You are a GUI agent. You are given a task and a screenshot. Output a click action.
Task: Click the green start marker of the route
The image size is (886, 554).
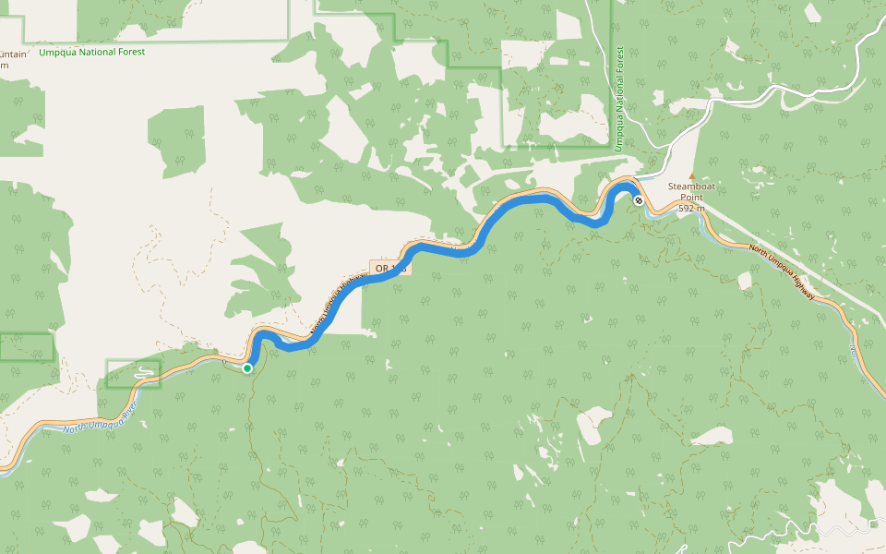click(247, 368)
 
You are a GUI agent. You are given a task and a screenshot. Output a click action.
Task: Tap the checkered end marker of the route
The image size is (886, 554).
click(638, 199)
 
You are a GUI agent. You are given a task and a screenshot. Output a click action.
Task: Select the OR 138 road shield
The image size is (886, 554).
click(390, 268)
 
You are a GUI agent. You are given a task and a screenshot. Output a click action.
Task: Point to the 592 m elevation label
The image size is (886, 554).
click(692, 209)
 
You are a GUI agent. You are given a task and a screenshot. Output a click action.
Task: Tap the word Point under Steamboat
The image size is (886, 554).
click(692, 197)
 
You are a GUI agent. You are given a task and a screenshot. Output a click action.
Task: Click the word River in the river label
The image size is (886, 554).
click(129, 407)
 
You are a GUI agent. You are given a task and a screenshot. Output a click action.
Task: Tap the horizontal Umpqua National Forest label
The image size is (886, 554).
click(91, 53)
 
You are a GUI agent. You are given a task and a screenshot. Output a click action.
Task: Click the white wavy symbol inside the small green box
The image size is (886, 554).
click(144, 373)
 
